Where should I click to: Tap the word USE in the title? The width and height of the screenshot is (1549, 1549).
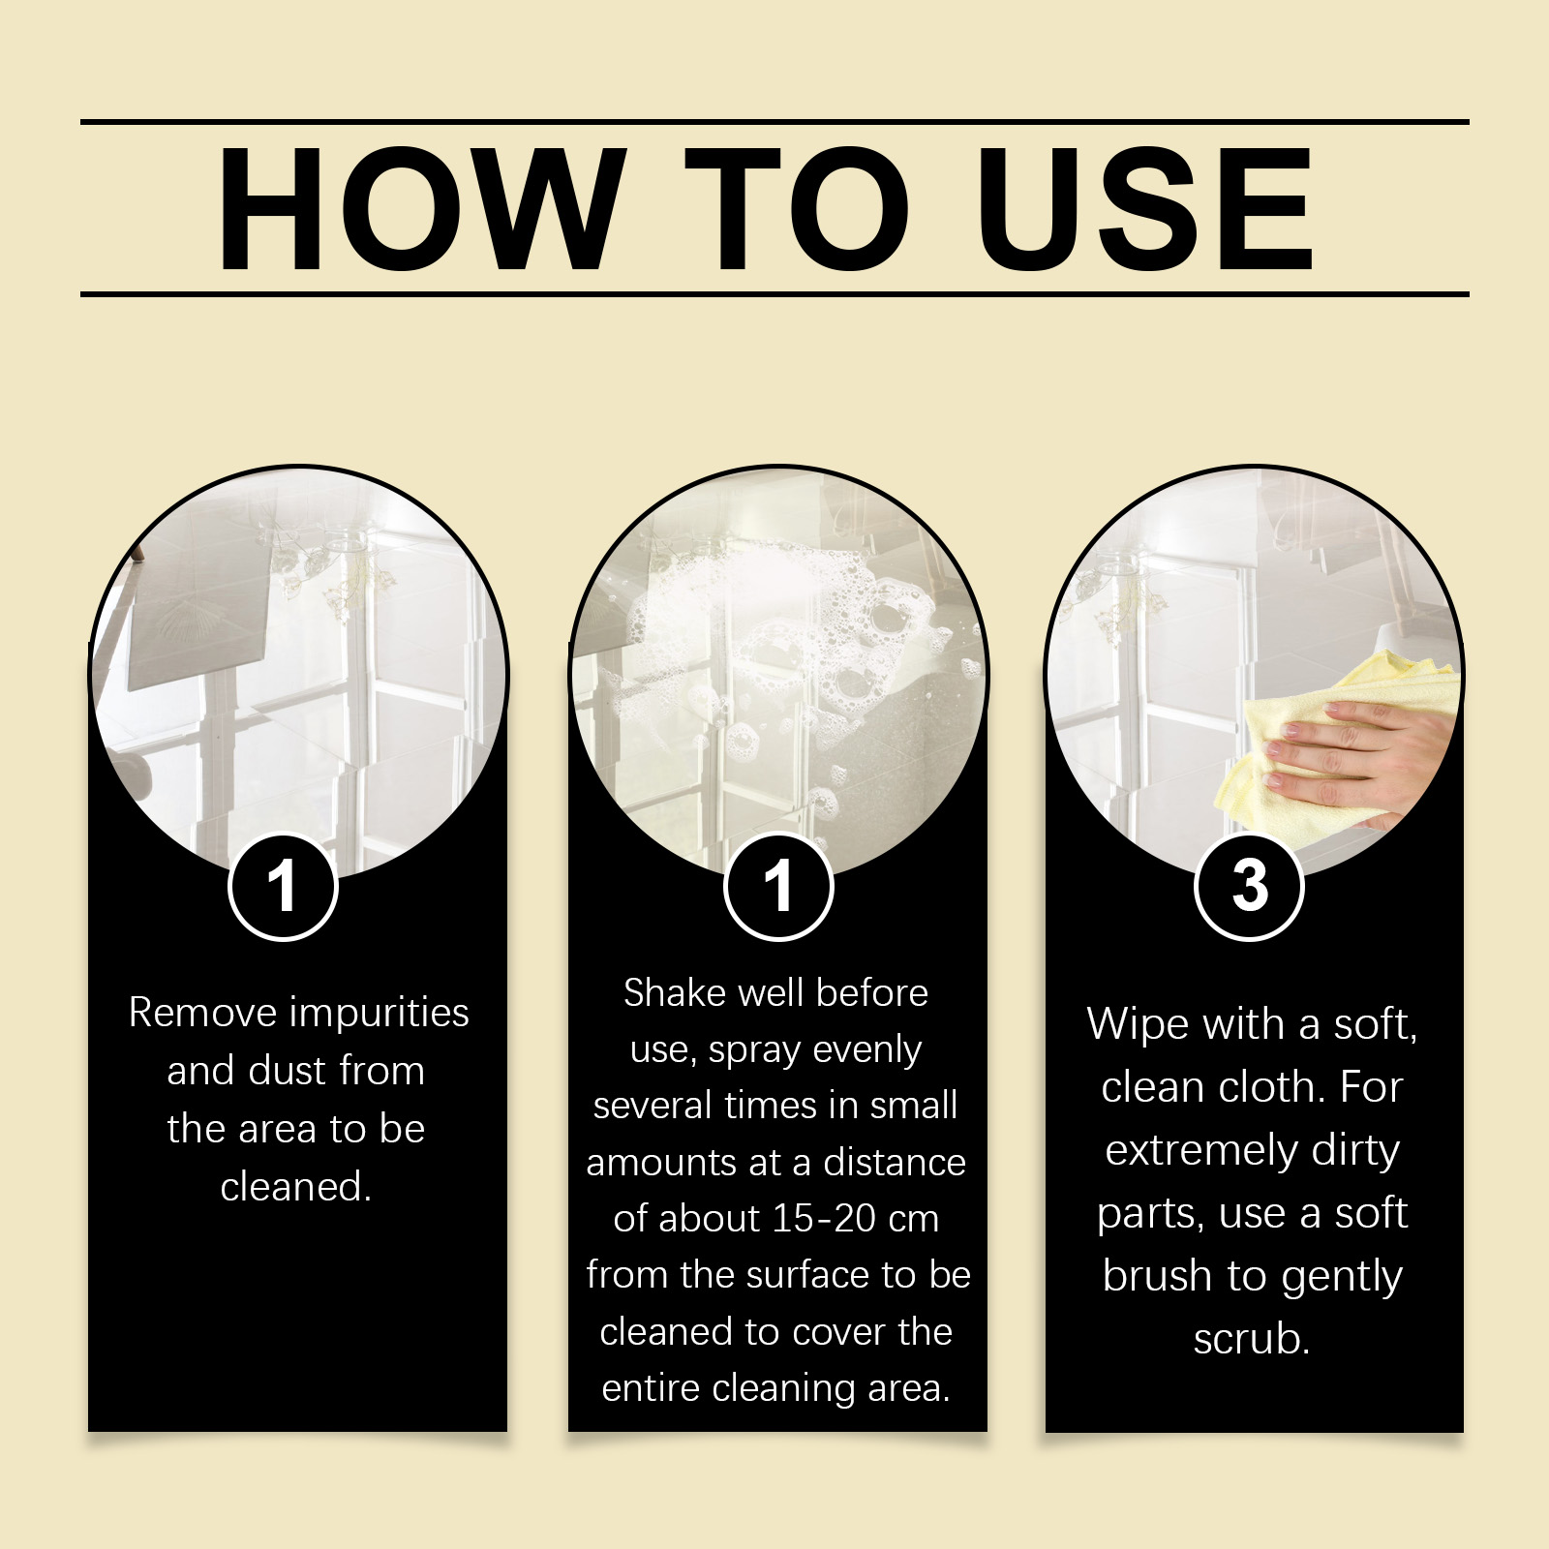tap(1145, 209)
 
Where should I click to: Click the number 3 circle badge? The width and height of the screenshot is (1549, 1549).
tap(1249, 886)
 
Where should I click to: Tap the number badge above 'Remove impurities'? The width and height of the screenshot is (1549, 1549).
tap(283, 886)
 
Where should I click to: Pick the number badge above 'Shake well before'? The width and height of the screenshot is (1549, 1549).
tap(778, 886)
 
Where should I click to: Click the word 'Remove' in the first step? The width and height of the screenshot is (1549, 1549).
tap(203, 1013)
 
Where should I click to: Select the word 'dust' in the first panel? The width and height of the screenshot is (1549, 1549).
tap(287, 1071)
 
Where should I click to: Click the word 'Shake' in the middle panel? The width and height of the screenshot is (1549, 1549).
tap(674, 993)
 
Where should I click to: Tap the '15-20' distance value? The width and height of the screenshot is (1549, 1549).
tap(825, 1219)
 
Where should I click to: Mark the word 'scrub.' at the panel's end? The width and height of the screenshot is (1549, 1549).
tap(1251, 1340)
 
